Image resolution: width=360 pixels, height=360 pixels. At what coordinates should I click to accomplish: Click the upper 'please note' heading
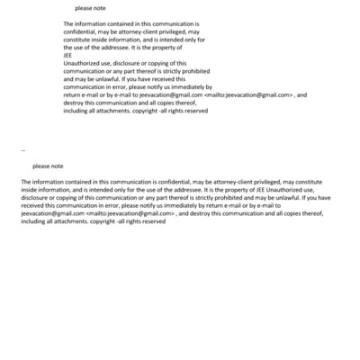pyautogui.click(x=91, y=8)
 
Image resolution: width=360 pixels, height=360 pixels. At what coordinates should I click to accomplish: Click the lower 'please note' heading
pyautogui.click(x=48, y=166)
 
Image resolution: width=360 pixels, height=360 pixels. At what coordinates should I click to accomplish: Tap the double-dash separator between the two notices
pyautogui.click(x=22, y=149)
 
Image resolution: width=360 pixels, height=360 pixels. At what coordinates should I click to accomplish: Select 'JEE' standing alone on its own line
pyautogui.click(x=68, y=55)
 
